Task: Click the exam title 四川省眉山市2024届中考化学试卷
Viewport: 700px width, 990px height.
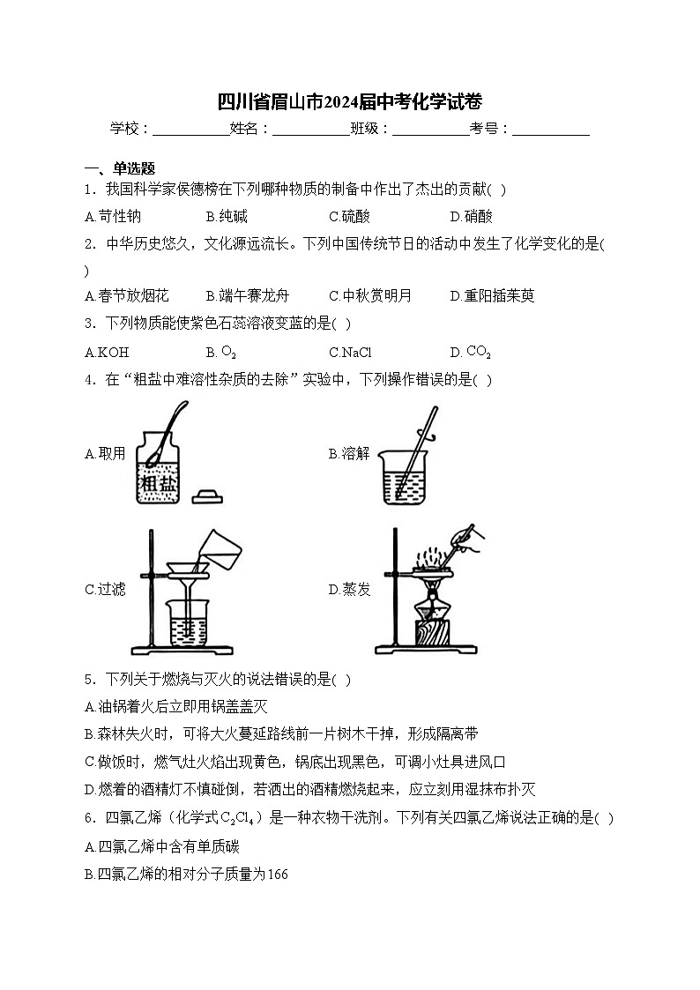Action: coord(350,101)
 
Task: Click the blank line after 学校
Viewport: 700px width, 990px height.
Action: coord(190,130)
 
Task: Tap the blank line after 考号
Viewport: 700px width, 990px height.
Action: coord(550,130)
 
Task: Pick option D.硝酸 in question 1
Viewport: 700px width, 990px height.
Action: coord(472,216)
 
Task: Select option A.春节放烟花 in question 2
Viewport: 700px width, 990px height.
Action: coord(127,296)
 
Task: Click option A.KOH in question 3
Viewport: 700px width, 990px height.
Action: coord(107,353)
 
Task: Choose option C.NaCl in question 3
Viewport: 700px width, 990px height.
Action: coord(350,353)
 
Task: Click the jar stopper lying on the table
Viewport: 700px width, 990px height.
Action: coord(209,496)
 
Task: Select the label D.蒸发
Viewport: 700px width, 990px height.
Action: coord(349,589)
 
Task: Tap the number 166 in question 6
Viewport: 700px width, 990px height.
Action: coord(277,875)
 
